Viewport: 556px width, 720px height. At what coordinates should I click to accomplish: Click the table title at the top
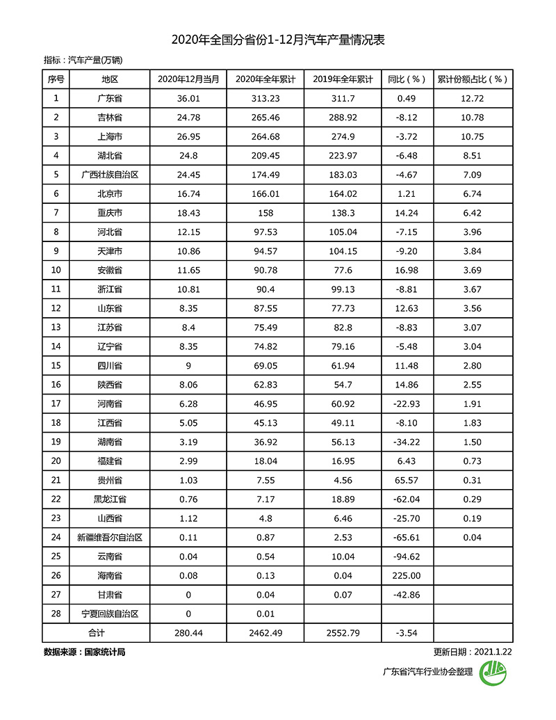coord(278,40)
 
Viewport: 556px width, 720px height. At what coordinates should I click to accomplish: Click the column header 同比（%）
coord(407,79)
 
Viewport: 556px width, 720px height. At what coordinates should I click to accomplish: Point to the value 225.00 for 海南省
coord(407,575)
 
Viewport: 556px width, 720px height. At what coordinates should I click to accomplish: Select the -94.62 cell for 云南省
coord(407,557)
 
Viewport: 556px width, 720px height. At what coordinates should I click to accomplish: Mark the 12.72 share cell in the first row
coord(473,98)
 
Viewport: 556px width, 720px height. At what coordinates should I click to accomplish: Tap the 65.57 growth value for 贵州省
coord(407,480)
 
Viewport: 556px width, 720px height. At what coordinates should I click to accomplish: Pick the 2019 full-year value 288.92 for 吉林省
coord(342,117)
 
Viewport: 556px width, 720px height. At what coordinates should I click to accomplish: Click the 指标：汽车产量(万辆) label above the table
coord(83,61)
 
